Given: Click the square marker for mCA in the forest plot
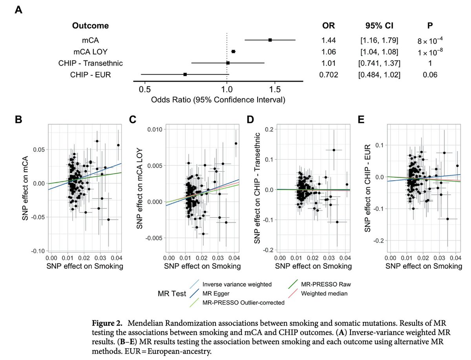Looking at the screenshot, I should coord(270,40).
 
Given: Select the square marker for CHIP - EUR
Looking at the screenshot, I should coord(185,74).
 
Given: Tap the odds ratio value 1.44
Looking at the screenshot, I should coord(328,40).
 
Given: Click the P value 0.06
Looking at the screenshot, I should coord(427,75).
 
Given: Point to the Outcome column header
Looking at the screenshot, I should coord(90,26).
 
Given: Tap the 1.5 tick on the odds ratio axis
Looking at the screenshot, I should coord(274,89).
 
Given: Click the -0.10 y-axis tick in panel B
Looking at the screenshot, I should coord(38,251).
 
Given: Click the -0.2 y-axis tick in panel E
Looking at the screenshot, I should coord(379,240).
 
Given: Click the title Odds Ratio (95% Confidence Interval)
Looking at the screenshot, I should coord(218,100).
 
